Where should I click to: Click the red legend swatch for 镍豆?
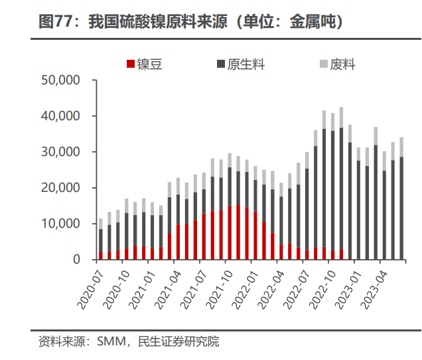(130, 64)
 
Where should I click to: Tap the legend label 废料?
(344, 64)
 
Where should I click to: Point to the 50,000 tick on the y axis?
(60, 80)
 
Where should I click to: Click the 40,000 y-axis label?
(60, 116)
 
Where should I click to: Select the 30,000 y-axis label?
(60, 152)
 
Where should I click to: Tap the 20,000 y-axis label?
(60, 188)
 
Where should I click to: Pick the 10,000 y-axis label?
(60, 224)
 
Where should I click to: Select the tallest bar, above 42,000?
(342, 186)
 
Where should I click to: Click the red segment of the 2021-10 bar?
(230, 232)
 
